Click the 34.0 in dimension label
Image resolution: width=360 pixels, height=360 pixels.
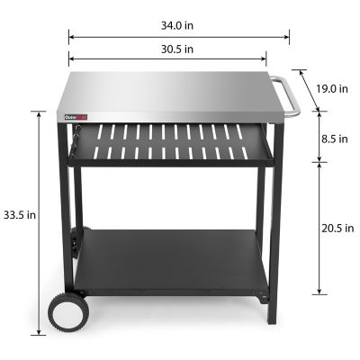(x=179, y=24)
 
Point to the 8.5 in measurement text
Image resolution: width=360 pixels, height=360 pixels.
(x=336, y=139)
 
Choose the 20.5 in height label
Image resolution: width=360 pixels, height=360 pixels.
(x=337, y=229)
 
